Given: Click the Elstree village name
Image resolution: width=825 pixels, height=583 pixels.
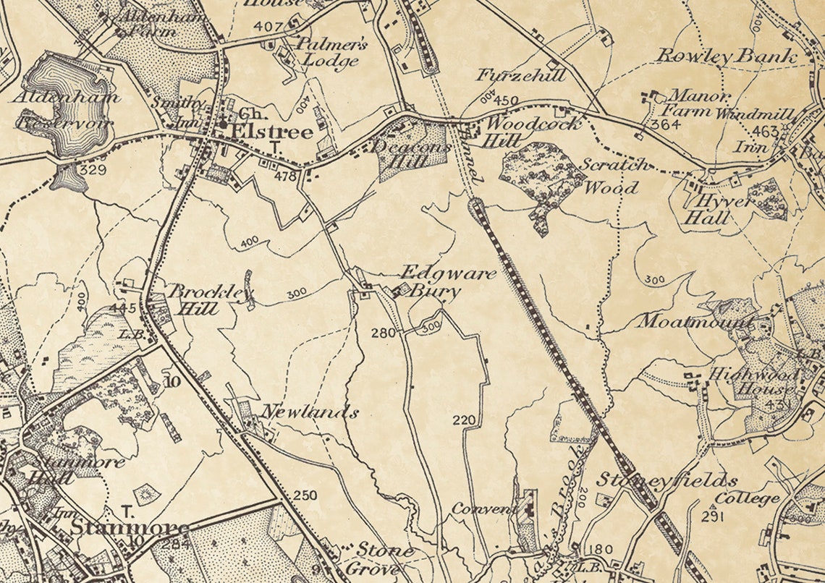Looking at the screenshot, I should point(271,132).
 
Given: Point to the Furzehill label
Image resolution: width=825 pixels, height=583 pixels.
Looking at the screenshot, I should point(520,75).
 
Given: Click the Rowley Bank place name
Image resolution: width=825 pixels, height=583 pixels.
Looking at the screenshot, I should point(727,56).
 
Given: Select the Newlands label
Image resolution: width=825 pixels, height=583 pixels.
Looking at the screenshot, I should point(309,413).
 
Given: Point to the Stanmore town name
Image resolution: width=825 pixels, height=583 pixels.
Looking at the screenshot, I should point(130,528).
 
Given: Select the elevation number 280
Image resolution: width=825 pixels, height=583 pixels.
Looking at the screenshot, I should point(383,333).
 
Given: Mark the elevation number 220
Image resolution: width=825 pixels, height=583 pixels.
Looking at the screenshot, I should point(464,420).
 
